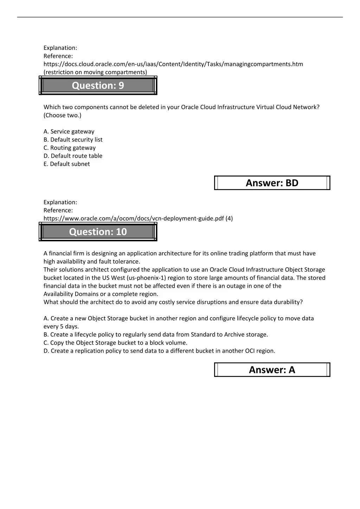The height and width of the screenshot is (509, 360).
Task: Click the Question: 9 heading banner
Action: click(98, 85)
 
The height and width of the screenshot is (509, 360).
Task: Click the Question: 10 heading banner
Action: click(98, 232)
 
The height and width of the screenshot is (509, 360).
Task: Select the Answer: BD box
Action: click(272, 183)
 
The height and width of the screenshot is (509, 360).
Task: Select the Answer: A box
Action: click(272, 370)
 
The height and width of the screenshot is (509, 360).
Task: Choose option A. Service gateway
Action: click(69, 131)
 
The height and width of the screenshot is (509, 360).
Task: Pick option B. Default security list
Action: click(73, 139)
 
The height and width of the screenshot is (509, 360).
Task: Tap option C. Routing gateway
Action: click(70, 148)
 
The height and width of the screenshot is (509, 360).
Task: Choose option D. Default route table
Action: click(73, 156)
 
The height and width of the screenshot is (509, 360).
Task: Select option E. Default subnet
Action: click(67, 164)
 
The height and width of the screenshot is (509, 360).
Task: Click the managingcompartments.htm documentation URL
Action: click(173, 64)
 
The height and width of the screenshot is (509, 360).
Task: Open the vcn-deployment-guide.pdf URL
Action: click(138, 218)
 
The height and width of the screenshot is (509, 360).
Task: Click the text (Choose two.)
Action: click(62, 115)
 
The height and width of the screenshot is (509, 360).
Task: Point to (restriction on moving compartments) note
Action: click(95, 72)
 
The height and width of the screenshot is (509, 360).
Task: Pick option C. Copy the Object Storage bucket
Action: click(115, 343)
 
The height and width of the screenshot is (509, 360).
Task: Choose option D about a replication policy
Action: click(159, 351)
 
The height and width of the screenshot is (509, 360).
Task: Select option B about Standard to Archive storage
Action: click(156, 335)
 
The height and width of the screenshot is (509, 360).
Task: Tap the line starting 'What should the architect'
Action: click(173, 302)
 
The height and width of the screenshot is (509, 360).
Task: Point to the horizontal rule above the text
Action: click(180, 17)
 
